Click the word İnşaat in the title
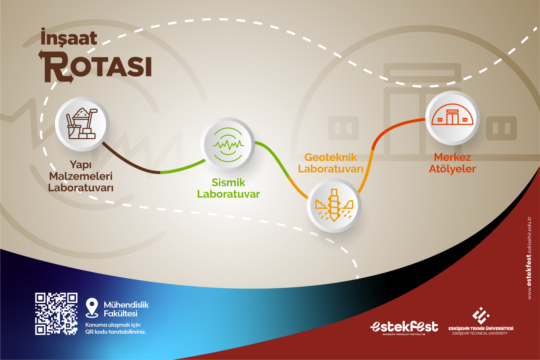[x=69, y=37]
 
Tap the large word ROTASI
[x=96, y=66]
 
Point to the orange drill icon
[x=334, y=205]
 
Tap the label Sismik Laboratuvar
[x=228, y=188]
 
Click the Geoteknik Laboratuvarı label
[x=331, y=163]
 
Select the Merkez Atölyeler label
[x=453, y=163]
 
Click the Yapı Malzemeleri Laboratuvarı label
[x=81, y=176]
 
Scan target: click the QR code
[x=56, y=314]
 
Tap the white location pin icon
[x=92, y=307]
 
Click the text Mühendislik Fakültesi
[x=126, y=309]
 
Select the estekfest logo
[x=404, y=328]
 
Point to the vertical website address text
[x=530, y=258]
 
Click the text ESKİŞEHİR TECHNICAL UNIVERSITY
[x=480, y=333]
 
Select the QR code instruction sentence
[x=115, y=328]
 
